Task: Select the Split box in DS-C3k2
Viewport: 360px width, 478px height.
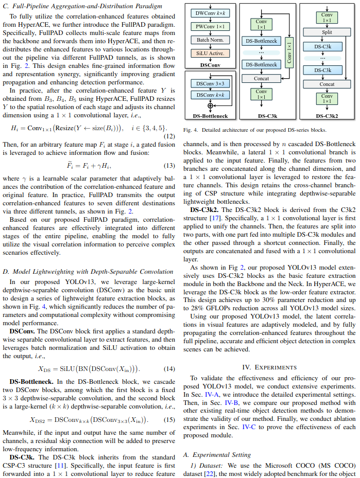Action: pyautogui.click(x=327, y=31)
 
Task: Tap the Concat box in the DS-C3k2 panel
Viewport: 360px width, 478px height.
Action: pyautogui.click(x=327, y=84)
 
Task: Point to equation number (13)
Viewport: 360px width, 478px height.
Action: pyautogui.click(x=169, y=166)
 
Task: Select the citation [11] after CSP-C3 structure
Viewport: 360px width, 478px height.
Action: pyautogui.click(x=60, y=465)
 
